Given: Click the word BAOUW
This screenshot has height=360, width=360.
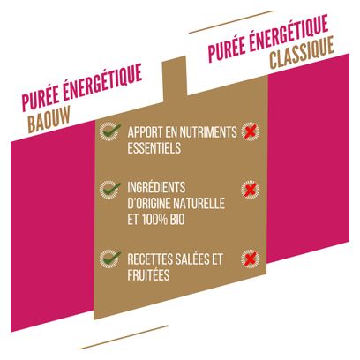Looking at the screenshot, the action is click(49, 119).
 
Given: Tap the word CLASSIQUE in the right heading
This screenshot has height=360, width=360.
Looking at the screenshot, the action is click(302, 52).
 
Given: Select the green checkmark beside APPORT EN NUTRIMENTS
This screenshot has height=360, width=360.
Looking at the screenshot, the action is click(110, 131).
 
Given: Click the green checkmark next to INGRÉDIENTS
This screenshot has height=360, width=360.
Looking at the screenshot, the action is click(110, 190).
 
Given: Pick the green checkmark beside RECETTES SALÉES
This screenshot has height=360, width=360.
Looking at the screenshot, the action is click(110, 259).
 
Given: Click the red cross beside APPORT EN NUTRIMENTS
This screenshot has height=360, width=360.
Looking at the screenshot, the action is click(251, 131).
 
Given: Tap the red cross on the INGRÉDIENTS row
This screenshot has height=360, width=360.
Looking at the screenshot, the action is click(251, 190).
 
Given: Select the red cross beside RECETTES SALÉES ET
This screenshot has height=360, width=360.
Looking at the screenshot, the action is click(251, 259).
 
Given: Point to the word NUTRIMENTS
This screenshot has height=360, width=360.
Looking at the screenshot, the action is click(208, 132).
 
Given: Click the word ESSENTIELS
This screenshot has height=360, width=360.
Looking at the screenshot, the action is click(154, 148).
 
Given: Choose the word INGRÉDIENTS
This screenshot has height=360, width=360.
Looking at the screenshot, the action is click(156, 187).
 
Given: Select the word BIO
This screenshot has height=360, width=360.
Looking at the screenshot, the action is click(177, 220).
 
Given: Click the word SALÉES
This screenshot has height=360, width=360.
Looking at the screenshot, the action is click(192, 259).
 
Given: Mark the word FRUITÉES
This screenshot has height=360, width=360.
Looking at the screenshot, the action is click(148, 274).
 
